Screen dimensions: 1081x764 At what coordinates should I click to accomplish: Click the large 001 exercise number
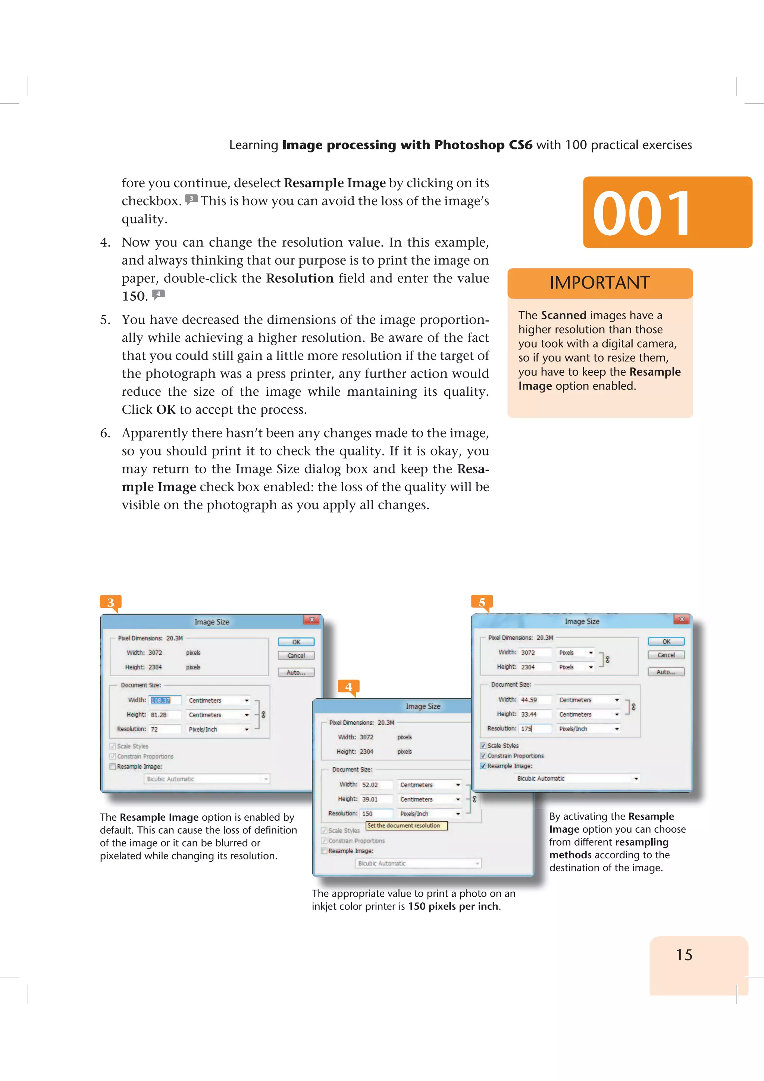click(x=642, y=213)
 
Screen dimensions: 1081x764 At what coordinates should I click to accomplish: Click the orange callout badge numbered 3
click(x=111, y=602)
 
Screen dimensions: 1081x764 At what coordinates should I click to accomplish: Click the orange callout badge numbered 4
click(x=348, y=686)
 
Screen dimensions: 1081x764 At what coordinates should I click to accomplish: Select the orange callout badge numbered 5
click(x=482, y=602)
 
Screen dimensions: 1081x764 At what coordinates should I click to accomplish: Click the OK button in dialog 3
click(x=296, y=642)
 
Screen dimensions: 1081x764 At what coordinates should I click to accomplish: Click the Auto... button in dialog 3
click(x=296, y=672)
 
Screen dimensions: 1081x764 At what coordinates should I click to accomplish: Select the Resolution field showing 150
click(x=376, y=814)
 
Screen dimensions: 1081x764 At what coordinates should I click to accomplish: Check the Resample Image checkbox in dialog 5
click(x=483, y=766)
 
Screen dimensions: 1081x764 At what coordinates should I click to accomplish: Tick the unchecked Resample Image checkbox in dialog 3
click(x=113, y=767)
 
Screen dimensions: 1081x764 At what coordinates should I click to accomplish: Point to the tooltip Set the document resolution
click(x=406, y=825)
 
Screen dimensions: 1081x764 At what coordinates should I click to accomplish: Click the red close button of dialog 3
click(x=311, y=620)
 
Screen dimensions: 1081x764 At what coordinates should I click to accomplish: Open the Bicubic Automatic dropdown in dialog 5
click(x=636, y=778)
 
